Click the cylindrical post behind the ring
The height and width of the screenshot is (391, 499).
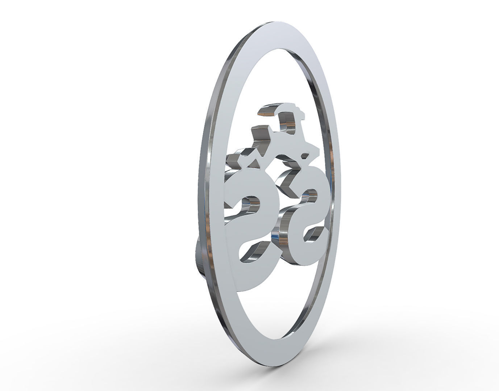199,253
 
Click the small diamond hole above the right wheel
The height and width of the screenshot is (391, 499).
305,157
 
